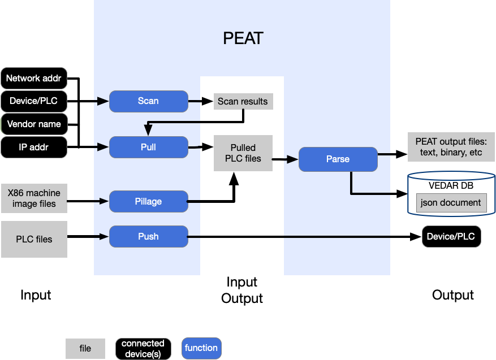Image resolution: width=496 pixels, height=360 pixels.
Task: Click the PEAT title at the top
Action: (x=243, y=38)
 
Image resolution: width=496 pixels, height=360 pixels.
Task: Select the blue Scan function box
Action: (x=148, y=101)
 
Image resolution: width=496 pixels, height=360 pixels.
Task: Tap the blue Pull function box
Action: (x=148, y=147)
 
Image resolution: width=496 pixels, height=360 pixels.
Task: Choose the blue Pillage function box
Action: (x=148, y=202)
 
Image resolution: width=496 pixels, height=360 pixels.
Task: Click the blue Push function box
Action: (x=148, y=236)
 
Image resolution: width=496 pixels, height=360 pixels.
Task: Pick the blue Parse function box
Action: (x=338, y=159)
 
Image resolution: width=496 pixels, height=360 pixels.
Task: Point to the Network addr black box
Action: (x=33, y=78)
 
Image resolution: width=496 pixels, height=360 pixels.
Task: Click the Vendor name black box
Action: (x=33, y=124)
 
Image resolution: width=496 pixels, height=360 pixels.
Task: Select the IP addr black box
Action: (x=33, y=147)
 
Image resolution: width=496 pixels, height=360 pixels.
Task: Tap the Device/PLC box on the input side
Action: (x=33, y=101)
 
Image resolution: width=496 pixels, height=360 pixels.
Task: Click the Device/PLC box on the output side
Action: (x=451, y=236)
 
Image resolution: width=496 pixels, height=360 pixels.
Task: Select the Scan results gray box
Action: (x=243, y=101)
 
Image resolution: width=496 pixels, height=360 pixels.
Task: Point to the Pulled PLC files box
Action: (x=243, y=153)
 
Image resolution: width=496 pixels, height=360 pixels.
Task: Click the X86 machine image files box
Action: (x=34, y=198)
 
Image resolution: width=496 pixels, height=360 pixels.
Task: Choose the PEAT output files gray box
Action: (x=451, y=147)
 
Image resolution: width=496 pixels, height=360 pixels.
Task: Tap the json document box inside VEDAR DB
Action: (x=451, y=202)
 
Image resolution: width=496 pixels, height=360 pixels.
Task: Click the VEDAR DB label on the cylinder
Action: (x=451, y=185)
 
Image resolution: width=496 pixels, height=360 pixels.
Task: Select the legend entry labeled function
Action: (x=201, y=348)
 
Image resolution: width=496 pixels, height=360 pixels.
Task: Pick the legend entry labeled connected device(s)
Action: (x=143, y=348)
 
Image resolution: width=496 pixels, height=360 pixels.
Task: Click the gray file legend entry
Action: (x=85, y=349)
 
